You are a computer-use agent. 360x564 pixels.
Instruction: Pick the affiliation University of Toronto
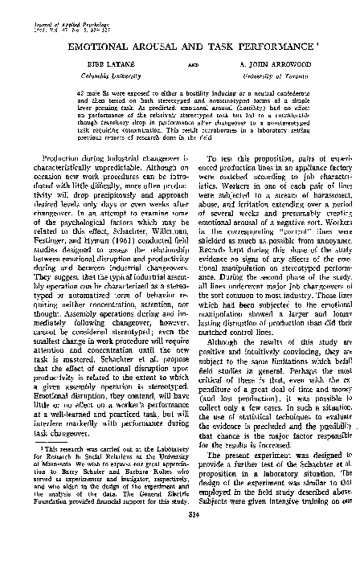point(276,73)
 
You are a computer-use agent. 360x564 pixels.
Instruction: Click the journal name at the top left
point(51,6)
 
